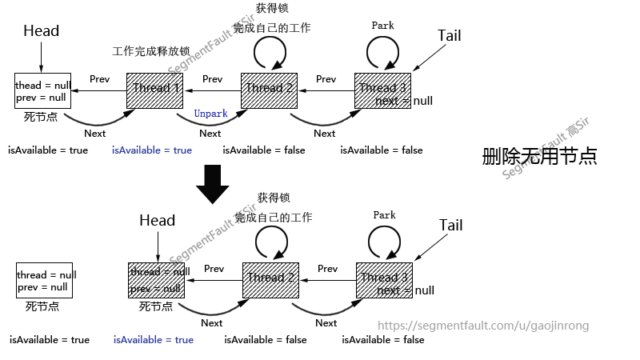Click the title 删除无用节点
point(539,156)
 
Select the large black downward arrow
point(212,183)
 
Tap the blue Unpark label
point(210,114)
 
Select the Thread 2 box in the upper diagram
point(270,90)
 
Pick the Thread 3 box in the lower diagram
point(384,280)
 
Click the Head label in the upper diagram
point(41,31)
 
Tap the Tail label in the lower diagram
point(451,225)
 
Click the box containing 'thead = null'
point(43,90)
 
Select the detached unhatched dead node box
point(46,280)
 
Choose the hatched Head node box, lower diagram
point(157,280)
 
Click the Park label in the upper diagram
point(383,26)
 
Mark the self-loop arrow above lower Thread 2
point(271,242)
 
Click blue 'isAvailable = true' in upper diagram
point(151,150)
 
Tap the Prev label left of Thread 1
point(99,79)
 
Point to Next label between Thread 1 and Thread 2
point(210,134)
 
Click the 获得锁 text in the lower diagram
point(273,198)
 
